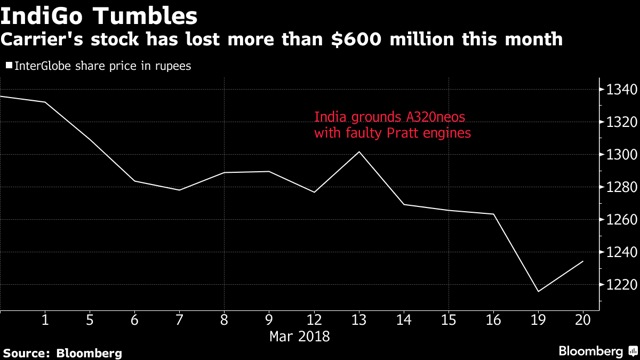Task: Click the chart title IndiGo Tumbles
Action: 99,16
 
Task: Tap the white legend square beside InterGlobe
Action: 9,65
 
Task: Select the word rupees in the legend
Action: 173,67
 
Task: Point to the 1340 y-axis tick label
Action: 622,89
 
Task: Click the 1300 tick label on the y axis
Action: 622,155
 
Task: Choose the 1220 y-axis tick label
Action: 622,284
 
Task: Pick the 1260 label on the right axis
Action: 622,220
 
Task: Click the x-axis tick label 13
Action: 359,320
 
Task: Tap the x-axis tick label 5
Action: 90,320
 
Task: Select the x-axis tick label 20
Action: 583,320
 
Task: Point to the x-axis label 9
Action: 269,320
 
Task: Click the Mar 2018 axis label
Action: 300,336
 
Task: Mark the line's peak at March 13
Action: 359,152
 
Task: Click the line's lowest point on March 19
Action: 538,291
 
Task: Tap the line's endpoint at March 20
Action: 583,261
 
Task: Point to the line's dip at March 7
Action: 179,190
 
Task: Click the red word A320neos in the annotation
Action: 435,118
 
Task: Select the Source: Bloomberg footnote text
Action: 62,353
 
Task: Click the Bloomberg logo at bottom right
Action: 598,351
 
